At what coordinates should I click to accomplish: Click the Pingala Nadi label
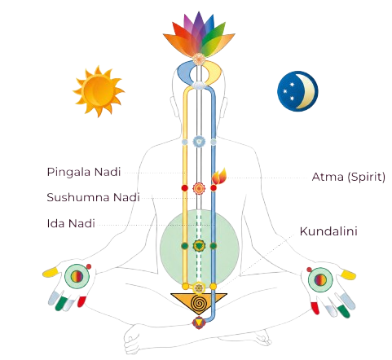pos(84,172)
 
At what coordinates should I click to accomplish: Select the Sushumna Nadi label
pos(93,197)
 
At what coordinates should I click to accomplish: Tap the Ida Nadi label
pos(71,223)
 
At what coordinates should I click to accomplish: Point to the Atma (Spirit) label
pos(349,177)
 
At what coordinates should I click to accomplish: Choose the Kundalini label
pos(328,231)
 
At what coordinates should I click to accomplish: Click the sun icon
pos(99,91)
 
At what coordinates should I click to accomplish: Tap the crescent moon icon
pos(297,91)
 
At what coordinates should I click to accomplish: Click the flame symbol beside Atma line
pos(219,176)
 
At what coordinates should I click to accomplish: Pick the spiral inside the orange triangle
pos(199,303)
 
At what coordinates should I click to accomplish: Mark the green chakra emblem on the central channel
pos(199,246)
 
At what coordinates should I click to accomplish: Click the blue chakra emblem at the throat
pos(199,142)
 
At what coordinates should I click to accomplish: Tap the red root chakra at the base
pos(199,323)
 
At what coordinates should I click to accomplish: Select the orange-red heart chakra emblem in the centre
pos(199,188)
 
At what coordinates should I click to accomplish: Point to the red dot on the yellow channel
pos(185,188)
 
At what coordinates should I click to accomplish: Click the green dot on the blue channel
pos(214,246)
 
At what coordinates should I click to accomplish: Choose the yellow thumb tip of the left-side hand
pos(51,272)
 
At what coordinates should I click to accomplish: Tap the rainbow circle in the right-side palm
pos(320,279)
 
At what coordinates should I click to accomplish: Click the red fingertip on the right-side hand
pos(315,308)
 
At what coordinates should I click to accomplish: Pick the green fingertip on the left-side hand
pos(61,303)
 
